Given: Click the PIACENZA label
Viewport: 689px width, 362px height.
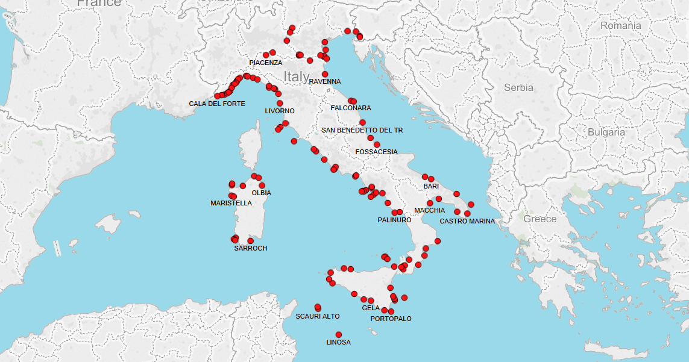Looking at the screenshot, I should click(265, 63).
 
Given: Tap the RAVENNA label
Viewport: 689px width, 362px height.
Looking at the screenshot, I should click(325, 81).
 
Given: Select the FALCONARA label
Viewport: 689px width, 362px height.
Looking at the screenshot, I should click(351, 108).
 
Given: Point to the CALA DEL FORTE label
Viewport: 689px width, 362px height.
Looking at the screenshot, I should click(217, 104).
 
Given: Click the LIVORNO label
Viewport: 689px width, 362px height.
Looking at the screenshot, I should click(280, 111).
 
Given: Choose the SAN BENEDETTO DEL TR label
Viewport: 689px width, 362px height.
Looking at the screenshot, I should click(362, 130).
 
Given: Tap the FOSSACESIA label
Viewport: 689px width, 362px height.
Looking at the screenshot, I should click(377, 152).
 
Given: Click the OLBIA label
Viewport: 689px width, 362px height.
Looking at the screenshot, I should click(262, 193).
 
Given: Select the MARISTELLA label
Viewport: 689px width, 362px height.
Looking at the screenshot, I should click(231, 203).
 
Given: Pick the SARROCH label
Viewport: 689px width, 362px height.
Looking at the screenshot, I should click(251, 248).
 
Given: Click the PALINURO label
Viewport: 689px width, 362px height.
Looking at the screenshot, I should click(394, 220).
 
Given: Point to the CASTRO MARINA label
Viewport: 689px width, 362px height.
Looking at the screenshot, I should click(467, 221).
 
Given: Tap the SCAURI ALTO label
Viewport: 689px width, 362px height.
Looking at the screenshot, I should click(318, 316).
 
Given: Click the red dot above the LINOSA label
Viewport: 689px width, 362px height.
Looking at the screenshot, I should click(339, 334).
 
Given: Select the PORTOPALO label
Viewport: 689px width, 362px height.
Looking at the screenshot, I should click(391, 318).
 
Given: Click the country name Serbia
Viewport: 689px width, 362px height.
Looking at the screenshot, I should click(518, 87).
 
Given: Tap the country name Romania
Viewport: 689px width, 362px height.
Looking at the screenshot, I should click(620, 26).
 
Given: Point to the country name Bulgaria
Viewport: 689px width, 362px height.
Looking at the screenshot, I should click(606, 132).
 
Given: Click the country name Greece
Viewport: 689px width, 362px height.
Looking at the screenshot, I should click(540, 219).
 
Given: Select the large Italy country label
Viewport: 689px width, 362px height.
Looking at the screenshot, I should click(297, 76).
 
